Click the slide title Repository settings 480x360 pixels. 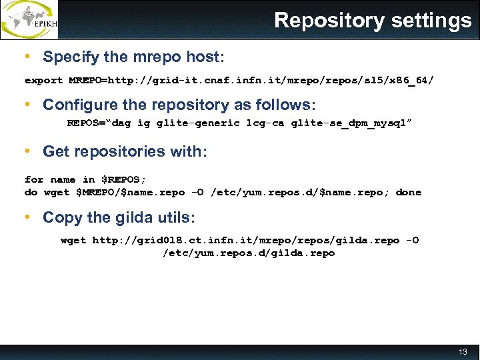373,21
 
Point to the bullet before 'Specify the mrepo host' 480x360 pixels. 27,57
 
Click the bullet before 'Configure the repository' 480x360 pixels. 27,105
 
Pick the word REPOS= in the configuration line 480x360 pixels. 86,123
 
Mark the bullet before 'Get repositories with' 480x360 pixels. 27,151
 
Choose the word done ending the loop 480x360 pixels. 409,192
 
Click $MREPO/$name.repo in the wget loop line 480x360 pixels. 131,192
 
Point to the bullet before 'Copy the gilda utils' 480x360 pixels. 27,217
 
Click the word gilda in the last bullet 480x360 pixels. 133,217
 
